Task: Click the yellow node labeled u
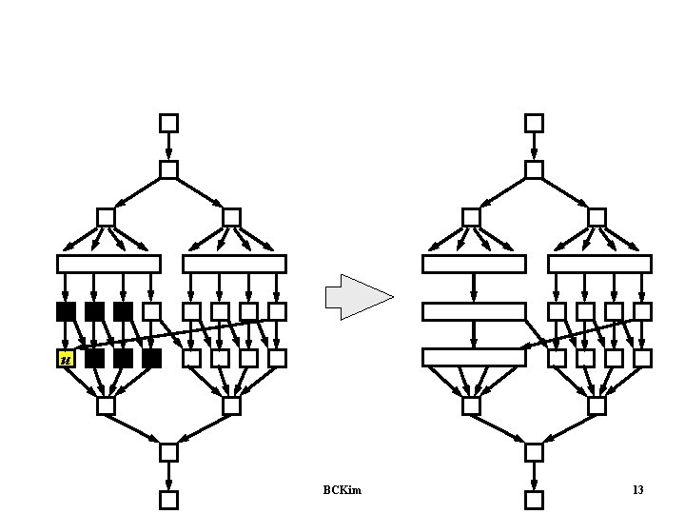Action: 66,359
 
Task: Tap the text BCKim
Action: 342,490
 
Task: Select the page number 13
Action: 637,490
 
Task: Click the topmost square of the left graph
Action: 168,123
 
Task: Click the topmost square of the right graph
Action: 534,123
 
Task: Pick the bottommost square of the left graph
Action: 168,500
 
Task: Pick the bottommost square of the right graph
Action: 534,500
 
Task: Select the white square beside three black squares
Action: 151,311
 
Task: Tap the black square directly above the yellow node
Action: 66,311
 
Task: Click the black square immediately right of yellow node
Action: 95,359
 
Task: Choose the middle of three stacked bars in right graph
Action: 474,311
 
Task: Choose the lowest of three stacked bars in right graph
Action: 474,358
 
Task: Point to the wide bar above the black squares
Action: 108,264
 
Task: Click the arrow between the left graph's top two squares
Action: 168,147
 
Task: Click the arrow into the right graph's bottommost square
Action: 534,477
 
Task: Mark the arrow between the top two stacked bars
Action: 474,288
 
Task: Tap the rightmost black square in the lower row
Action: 151,359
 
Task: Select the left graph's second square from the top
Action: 168,169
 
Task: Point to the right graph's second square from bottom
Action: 534,452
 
